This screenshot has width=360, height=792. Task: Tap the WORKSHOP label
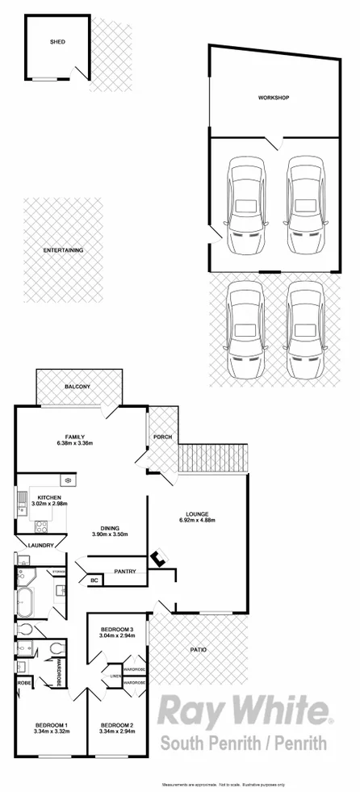point(274,98)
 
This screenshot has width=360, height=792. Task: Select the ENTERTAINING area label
point(64,251)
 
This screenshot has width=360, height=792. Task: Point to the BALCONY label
point(77,387)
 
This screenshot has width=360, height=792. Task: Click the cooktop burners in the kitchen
point(42,529)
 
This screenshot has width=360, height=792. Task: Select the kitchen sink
point(19,506)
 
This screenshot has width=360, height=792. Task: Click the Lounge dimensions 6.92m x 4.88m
point(199,520)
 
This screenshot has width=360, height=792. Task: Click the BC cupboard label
point(94,580)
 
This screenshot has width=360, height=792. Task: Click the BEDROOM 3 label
point(117,629)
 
